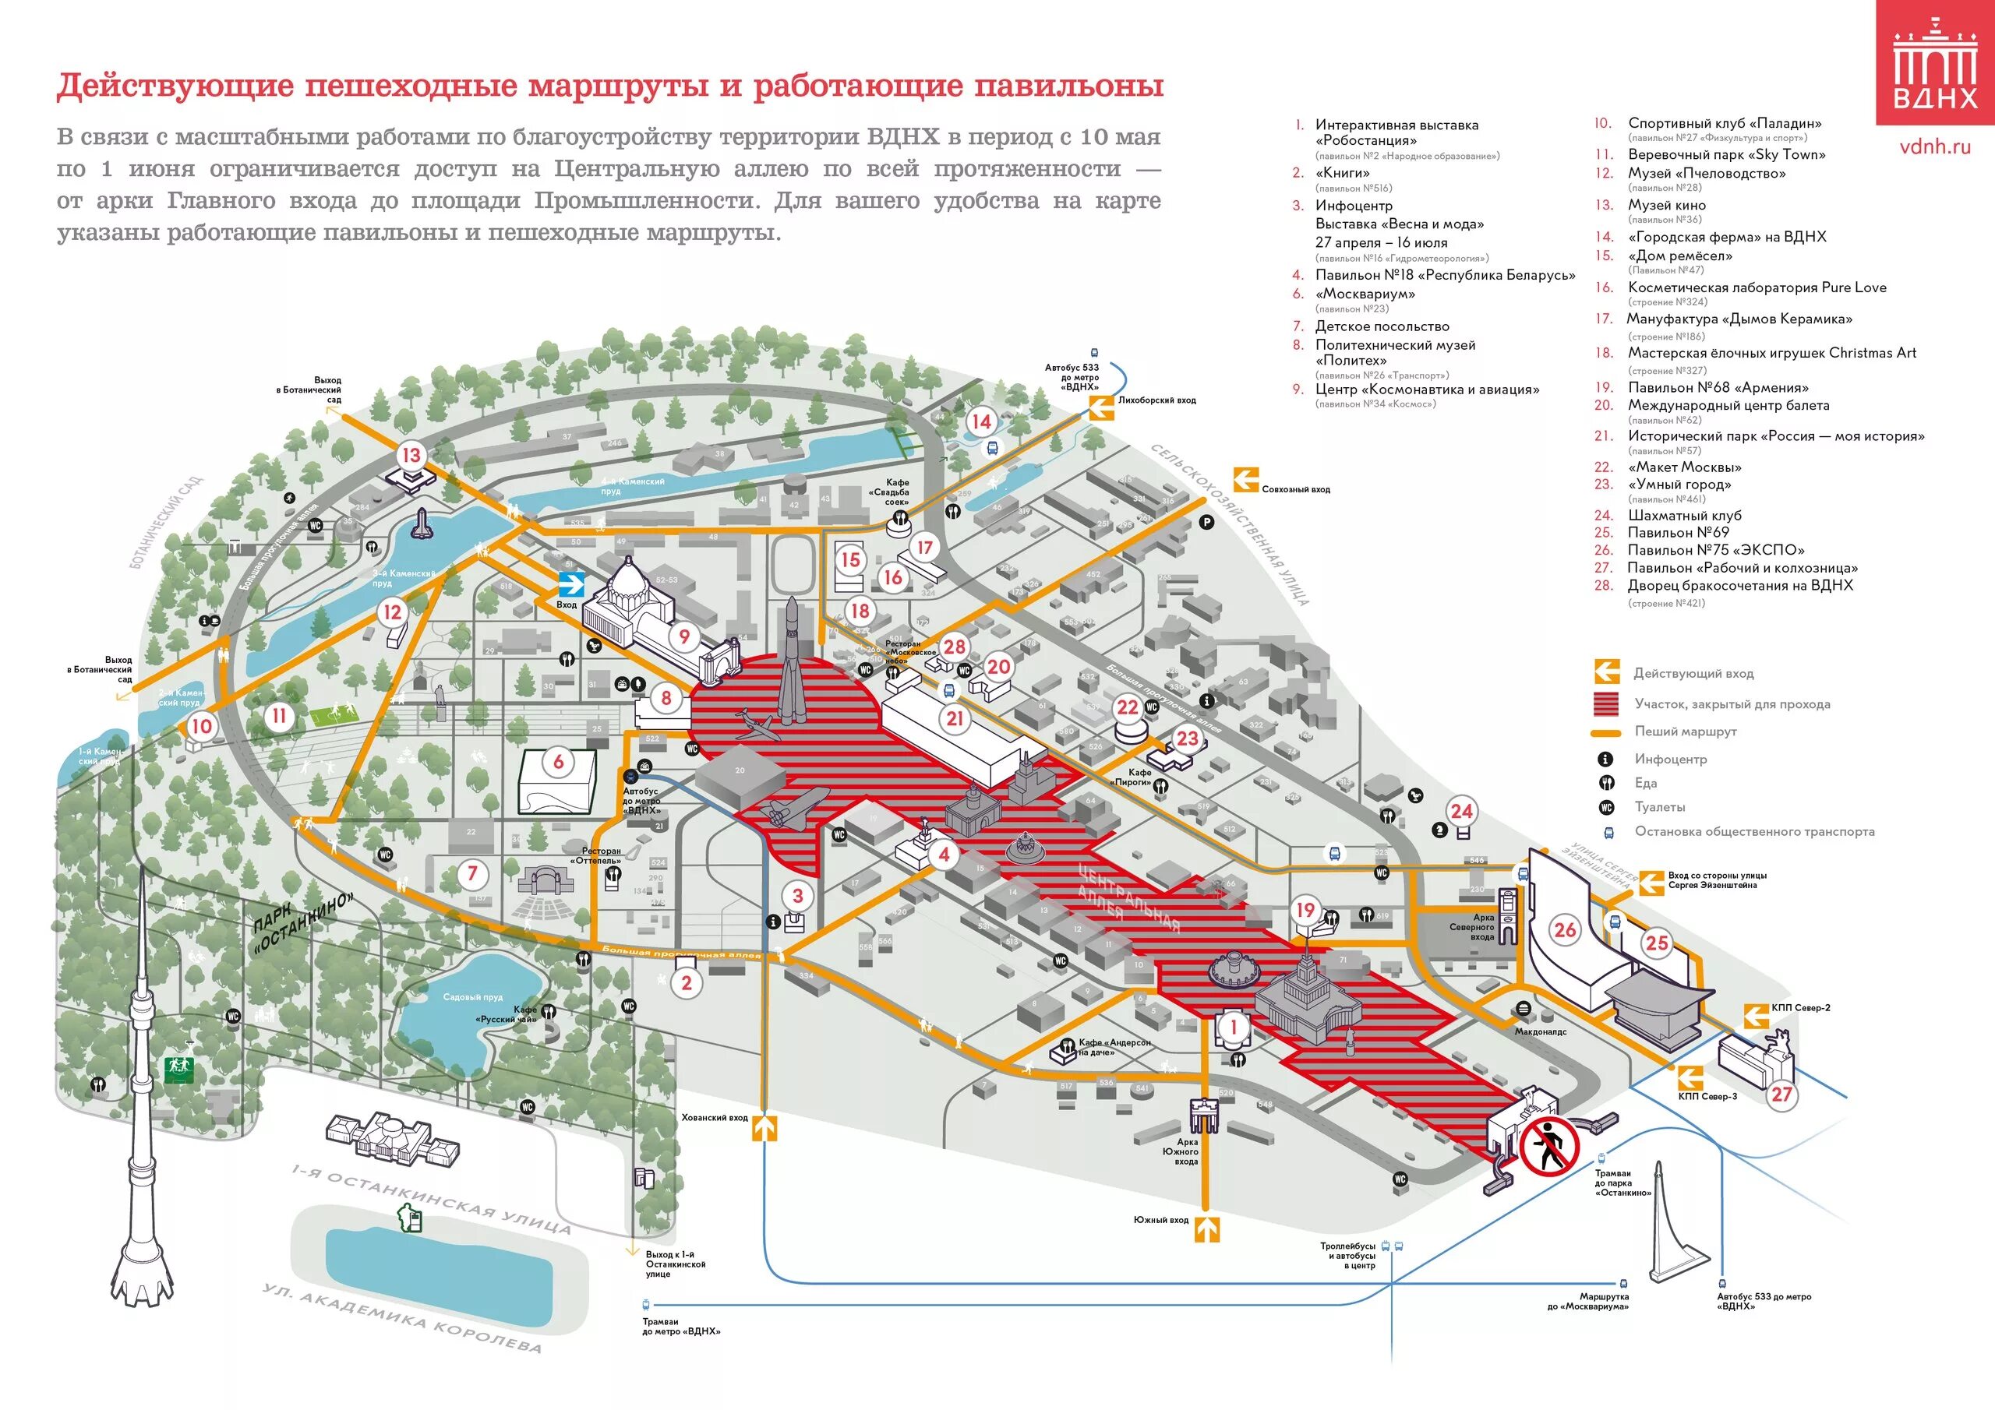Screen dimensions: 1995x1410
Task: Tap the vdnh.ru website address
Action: pyautogui.click(x=1934, y=146)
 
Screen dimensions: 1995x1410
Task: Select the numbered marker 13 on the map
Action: pyautogui.click(x=411, y=454)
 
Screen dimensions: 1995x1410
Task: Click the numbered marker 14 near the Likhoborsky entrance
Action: pyautogui.click(x=981, y=421)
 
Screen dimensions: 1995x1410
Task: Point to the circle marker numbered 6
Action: pyautogui.click(x=559, y=762)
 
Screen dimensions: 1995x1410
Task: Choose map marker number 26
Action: pyautogui.click(x=1565, y=929)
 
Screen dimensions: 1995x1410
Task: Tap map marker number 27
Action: pyautogui.click(x=1782, y=1094)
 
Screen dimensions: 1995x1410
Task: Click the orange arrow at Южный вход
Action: pyautogui.click(x=1207, y=1229)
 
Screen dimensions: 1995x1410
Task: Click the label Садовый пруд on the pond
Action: pyautogui.click(x=473, y=996)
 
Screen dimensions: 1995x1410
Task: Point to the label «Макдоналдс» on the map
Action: pyautogui.click(x=1541, y=1032)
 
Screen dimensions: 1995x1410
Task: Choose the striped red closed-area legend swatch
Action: pyautogui.click(x=1605, y=703)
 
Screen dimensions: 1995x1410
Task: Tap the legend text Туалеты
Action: pyautogui.click(x=1660, y=807)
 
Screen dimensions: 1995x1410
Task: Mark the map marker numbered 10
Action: pyautogui.click(x=201, y=726)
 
